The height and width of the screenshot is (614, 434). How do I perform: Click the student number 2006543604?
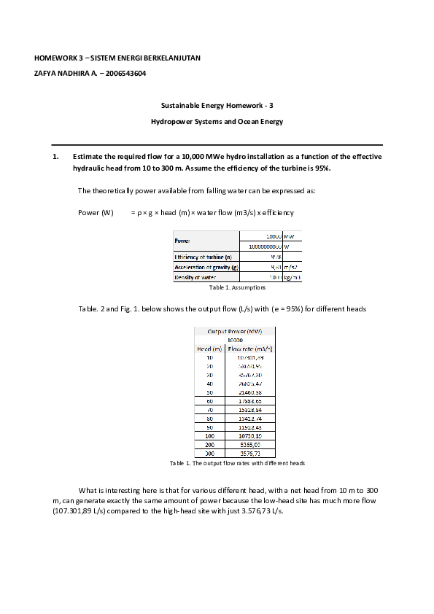tap(125, 73)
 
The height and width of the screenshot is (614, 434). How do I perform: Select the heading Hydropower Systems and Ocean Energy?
tap(217, 122)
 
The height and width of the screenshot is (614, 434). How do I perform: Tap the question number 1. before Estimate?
tap(55, 157)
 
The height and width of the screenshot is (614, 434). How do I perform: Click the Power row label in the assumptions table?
tap(182, 241)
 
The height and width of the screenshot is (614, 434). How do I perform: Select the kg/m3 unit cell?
tap(292, 277)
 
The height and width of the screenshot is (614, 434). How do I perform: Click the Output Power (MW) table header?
tap(235, 332)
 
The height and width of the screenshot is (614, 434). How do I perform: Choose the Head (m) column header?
tap(209, 349)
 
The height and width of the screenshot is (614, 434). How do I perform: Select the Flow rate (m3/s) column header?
tap(249, 349)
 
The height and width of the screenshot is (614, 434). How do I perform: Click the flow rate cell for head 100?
tap(249, 435)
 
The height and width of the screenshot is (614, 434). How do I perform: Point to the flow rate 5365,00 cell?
tap(249, 443)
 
